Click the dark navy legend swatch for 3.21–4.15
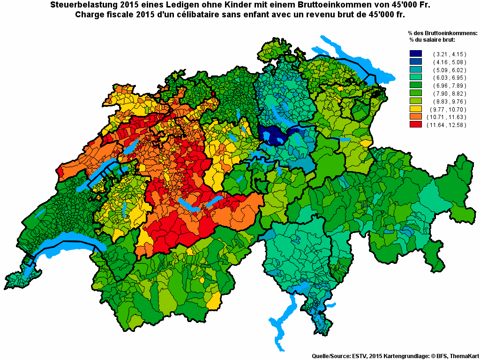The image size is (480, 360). pyautogui.click(x=415, y=54)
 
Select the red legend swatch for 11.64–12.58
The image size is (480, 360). pyautogui.click(x=415, y=125)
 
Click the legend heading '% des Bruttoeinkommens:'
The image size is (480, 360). pyautogui.click(x=442, y=33)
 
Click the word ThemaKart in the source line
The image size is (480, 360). pyautogui.click(x=464, y=356)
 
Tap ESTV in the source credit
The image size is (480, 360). pyautogui.click(x=359, y=356)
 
